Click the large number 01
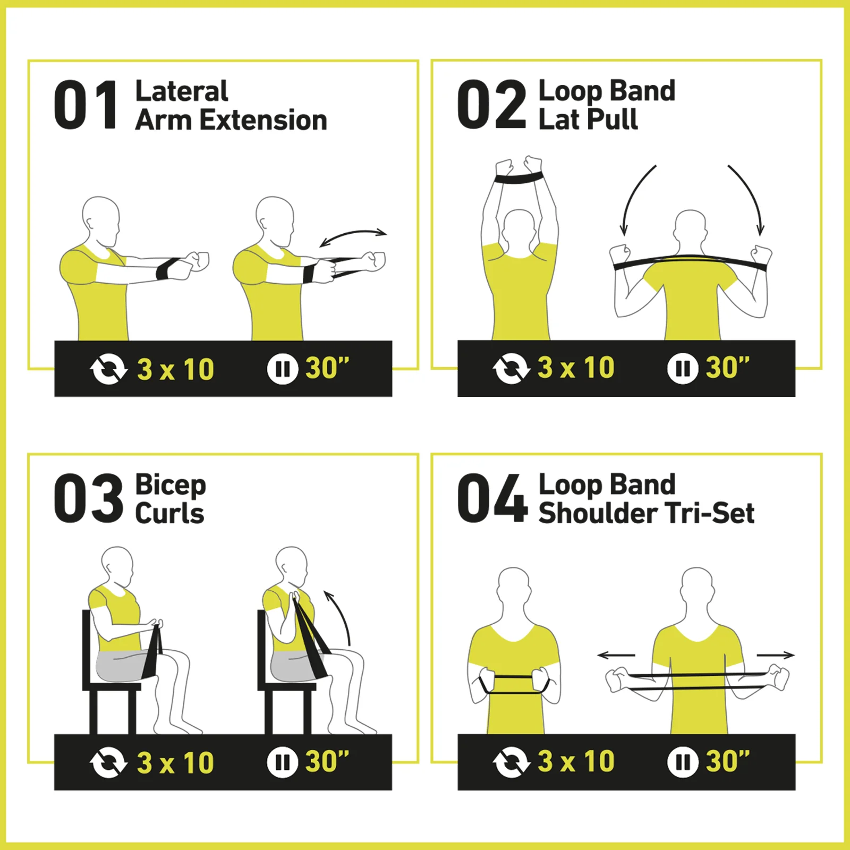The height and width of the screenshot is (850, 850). coord(86,105)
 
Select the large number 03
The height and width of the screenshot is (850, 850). coord(88,498)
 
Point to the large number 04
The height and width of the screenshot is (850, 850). coord(492,498)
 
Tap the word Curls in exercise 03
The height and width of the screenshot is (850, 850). coord(169,514)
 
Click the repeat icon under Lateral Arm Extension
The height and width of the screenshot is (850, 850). coord(108,369)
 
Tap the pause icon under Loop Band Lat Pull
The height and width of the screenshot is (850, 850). coord(683,368)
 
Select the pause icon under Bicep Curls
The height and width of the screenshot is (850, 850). coord(282,762)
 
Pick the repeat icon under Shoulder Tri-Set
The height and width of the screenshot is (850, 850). coord(511,762)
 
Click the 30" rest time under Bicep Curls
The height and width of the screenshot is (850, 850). coord(327,761)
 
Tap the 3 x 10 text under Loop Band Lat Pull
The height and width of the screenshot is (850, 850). coord(576,368)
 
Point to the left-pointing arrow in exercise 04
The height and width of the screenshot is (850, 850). coord(616,656)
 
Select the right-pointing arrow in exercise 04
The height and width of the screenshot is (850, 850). coord(776,656)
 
